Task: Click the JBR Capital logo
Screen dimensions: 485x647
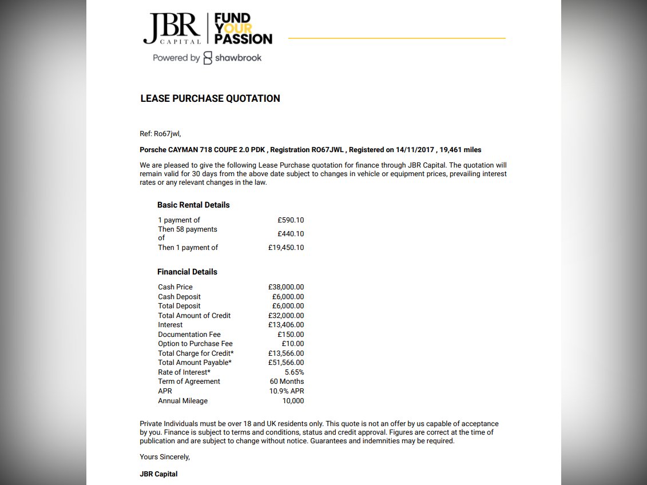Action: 172,29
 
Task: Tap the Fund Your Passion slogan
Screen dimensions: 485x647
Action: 243,29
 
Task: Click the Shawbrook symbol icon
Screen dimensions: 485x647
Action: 208,58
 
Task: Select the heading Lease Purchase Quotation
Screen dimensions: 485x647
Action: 210,98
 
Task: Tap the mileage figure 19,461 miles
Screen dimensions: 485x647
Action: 461,150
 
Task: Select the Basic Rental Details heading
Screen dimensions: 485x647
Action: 193,205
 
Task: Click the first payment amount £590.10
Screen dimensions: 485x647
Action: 291,220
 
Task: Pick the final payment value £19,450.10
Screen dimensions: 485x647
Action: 286,248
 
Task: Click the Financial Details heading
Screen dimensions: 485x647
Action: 187,272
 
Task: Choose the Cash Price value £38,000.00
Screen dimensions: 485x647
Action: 286,287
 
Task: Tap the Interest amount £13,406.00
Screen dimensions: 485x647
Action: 286,325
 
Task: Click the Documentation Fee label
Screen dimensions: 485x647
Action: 189,335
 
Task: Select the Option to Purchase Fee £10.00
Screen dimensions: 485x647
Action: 293,344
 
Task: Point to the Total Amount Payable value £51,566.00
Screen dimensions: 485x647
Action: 286,363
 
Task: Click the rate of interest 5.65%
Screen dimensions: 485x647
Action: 294,372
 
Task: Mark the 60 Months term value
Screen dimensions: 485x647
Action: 287,381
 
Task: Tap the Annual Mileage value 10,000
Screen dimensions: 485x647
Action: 293,401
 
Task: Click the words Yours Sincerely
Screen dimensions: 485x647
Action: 165,457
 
